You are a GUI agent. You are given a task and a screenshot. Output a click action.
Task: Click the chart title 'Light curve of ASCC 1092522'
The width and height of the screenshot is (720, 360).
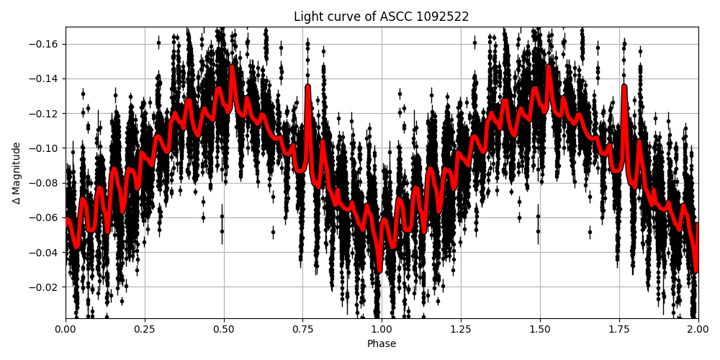(382, 17)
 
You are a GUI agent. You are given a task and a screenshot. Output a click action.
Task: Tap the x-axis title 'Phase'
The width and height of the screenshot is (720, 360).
(382, 343)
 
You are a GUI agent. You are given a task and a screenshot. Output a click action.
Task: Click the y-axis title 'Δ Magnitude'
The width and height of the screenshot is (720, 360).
(16, 173)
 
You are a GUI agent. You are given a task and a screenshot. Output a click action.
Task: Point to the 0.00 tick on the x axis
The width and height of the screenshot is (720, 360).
(66, 330)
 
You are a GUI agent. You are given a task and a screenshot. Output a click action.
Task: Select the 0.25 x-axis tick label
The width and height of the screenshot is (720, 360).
(145, 330)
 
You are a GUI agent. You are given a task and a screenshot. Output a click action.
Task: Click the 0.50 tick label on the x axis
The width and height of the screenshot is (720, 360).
(224, 330)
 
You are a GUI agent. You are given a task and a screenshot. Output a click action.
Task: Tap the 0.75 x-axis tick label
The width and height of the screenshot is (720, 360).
(302, 330)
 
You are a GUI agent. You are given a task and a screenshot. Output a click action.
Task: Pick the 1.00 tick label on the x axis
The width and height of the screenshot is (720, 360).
(382, 330)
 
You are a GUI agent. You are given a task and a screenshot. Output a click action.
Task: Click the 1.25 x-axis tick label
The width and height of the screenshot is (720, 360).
(461, 330)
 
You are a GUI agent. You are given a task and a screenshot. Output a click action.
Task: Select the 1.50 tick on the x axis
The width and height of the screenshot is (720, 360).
(540, 330)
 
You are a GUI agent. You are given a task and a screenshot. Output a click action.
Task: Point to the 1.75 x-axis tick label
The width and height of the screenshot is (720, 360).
(619, 330)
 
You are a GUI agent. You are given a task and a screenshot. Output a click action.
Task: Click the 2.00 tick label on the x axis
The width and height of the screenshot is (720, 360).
(698, 330)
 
